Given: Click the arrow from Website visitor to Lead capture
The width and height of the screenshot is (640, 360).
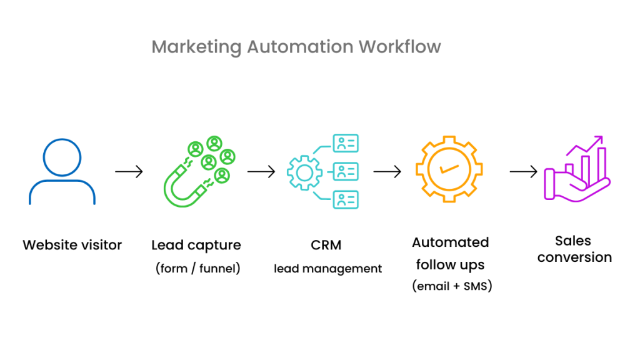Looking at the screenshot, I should pyautogui.click(x=129, y=171).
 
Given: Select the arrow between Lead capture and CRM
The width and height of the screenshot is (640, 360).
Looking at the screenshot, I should pyautogui.click(x=261, y=171).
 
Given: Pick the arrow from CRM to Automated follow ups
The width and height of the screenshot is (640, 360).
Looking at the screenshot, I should pyautogui.click(x=387, y=171).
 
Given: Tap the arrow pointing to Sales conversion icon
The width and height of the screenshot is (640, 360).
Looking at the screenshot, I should pyautogui.click(x=523, y=171).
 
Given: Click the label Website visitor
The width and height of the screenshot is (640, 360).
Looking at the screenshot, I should pyautogui.click(x=72, y=245).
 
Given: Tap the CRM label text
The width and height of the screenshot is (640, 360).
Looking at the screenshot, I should pyautogui.click(x=326, y=245).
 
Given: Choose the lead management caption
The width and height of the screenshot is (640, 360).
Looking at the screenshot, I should pyautogui.click(x=327, y=269).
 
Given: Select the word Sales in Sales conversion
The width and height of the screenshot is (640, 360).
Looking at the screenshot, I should pyautogui.click(x=572, y=241).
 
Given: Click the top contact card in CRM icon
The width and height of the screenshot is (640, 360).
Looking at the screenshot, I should pyautogui.click(x=346, y=144).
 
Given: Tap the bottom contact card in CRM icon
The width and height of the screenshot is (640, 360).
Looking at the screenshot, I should pyautogui.click(x=346, y=199).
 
